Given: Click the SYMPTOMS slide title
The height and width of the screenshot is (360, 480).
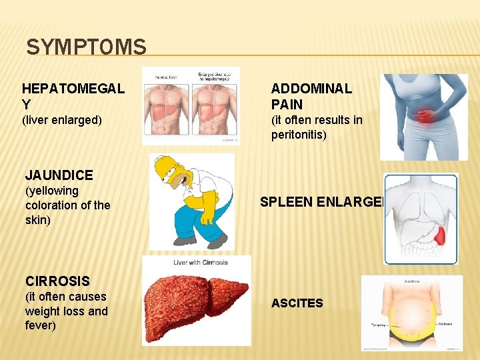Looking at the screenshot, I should (86, 47).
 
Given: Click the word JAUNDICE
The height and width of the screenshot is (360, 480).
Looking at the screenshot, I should (59, 175).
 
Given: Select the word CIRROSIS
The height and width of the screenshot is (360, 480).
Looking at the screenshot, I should (57, 281).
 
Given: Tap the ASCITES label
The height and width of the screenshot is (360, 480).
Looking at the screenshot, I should (297, 303).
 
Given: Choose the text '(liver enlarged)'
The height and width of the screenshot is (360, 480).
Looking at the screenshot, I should (62, 120).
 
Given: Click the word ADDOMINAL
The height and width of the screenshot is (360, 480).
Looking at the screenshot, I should (311, 89).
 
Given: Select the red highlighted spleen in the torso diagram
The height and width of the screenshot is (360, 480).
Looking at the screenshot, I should (441, 235).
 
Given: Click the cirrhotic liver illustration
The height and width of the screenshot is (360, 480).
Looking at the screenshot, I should (196, 303).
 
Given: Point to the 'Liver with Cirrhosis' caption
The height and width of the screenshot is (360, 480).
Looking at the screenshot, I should (201, 262).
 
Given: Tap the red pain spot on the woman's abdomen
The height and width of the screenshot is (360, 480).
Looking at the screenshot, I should (425, 117).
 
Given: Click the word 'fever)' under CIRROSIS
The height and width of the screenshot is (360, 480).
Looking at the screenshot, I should (41, 325).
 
